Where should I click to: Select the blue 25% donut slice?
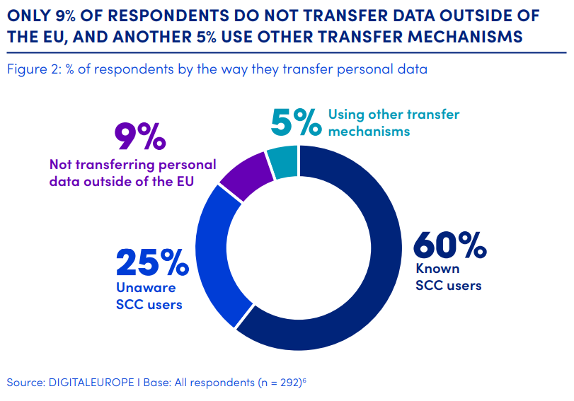coord(213,255)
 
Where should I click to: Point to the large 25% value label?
coord(151,263)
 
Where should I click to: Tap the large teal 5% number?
coord(297,122)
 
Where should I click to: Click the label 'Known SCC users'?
coord(448,277)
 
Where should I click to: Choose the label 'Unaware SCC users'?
coord(149,296)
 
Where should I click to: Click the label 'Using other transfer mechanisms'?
coord(394,122)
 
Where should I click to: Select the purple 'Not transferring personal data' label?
coord(132,171)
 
